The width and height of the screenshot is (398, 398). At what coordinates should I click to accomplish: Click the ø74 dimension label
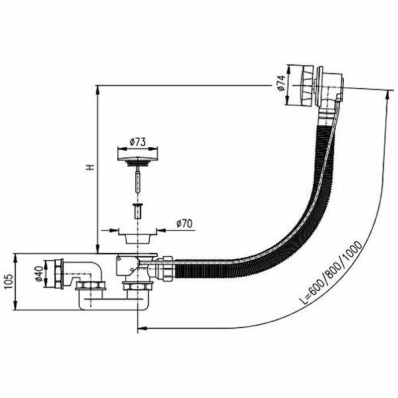pos(282,83)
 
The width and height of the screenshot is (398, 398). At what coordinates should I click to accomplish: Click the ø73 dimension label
pos(138,142)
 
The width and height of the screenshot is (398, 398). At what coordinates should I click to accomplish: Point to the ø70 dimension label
pos(185,223)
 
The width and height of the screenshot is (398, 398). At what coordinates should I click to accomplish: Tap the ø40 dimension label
pos(39,274)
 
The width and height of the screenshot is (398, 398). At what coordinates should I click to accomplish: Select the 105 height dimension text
pos(8,281)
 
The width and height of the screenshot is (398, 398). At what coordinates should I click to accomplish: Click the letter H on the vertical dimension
pos(90,167)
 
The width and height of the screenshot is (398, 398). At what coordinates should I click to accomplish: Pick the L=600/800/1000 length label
pos(331,273)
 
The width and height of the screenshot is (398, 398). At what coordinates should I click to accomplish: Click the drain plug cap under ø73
pos(138,156)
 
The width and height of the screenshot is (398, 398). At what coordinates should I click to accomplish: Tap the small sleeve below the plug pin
pos(138,210)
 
